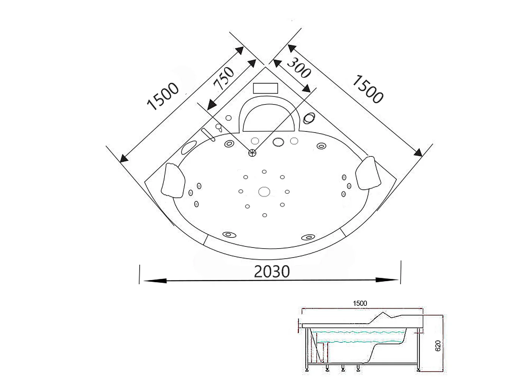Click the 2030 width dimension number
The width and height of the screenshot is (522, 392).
coord(272,271)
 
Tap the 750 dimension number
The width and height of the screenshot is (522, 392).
coord(224,78)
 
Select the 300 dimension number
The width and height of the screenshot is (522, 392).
coord(299,68)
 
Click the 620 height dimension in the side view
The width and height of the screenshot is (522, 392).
coord(438,346)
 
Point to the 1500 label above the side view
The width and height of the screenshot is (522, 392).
coord(360,303)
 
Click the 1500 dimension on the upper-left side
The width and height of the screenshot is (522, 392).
coord(163,96)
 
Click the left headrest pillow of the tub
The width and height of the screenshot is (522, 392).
coord(173,180)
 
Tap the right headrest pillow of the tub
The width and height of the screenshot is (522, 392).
coord(368,172)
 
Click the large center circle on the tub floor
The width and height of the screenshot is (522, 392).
coord(264,192)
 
